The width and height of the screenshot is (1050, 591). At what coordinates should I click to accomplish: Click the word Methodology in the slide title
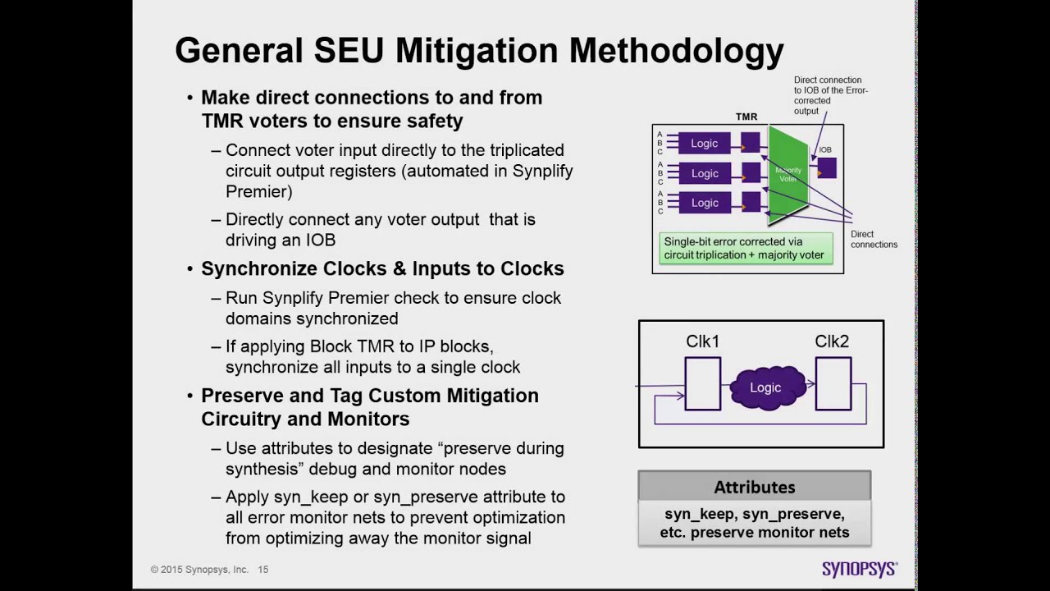pos(677,51)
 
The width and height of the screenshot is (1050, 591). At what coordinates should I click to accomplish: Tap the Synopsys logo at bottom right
pos(859,569)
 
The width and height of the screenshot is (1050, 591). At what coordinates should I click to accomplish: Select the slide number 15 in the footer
pos(263,570)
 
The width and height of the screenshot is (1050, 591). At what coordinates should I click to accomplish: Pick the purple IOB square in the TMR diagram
pos(826,167)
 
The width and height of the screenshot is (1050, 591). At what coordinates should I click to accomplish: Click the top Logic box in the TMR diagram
pos(704,144)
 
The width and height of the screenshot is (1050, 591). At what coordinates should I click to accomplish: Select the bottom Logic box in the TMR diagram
pos(704,203)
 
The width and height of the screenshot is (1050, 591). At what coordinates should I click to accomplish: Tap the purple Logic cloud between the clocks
pos(765,387)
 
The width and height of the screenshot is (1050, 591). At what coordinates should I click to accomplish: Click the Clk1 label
pos(702,341)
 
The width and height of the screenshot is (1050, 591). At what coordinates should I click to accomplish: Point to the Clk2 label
pos(832,341)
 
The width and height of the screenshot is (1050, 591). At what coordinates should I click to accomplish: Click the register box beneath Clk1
pos(702,383)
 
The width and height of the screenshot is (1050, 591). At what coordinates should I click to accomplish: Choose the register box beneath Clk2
pos(833,383)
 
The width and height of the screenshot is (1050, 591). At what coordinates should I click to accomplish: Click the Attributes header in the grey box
pos(754,487)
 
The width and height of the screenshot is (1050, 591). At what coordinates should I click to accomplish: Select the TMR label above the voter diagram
pos(746,117)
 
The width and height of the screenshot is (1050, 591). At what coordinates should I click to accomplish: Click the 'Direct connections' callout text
pos(874,239)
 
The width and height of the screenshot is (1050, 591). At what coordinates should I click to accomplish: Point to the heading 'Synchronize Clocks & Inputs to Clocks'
pos(382,269)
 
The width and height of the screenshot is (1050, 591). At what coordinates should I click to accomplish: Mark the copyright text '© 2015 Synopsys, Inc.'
pos(199,570)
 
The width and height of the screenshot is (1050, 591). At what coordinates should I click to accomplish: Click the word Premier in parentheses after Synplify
pos(258,191)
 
